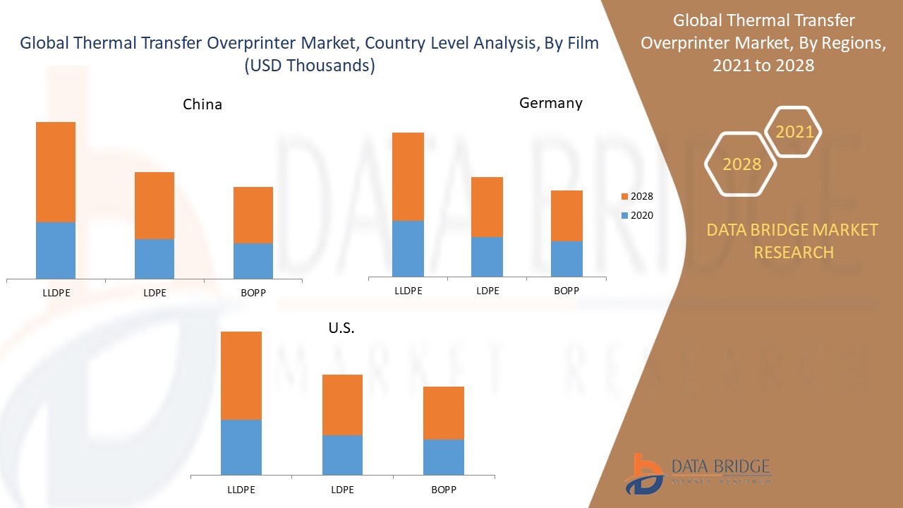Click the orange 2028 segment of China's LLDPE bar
pyautogui.click(x=56, y=172)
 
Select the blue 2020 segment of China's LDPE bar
pyautogui.click(x=154, y=259)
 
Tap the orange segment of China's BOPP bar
pyautogui.click(x=253, y=215)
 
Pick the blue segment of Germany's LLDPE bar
pyautogui.click(x=408, y=248)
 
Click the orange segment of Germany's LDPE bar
pyautogui.click(x=487, y=207)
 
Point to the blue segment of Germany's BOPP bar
pyautogui.click(x=566, y=259)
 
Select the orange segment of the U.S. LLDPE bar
pyautogui.click(x=241, y=375)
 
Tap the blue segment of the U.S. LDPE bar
pyautogui.click(x=342, y=455)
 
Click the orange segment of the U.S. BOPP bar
pyautogui.click(x=444, y=413)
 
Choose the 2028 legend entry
pyautogui.click(x=636, y=196)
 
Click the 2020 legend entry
pyautogui.click(x=636, y=215)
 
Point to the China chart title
pyautogui.click(x=202, y=104)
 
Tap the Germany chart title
pyautogui.click(x=551, y=103)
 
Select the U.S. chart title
pyautogui.click(x=341, y=328)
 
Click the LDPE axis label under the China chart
pyautogui.click(x=154, y=293)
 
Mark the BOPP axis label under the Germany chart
pyautogui.click(x=566, y=290)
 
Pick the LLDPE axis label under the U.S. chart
pyautogui.click(x=241, y=490)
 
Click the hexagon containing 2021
pyautogui.click(x=794, y=132)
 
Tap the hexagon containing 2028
pyautogui.click(x=741, y=164)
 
